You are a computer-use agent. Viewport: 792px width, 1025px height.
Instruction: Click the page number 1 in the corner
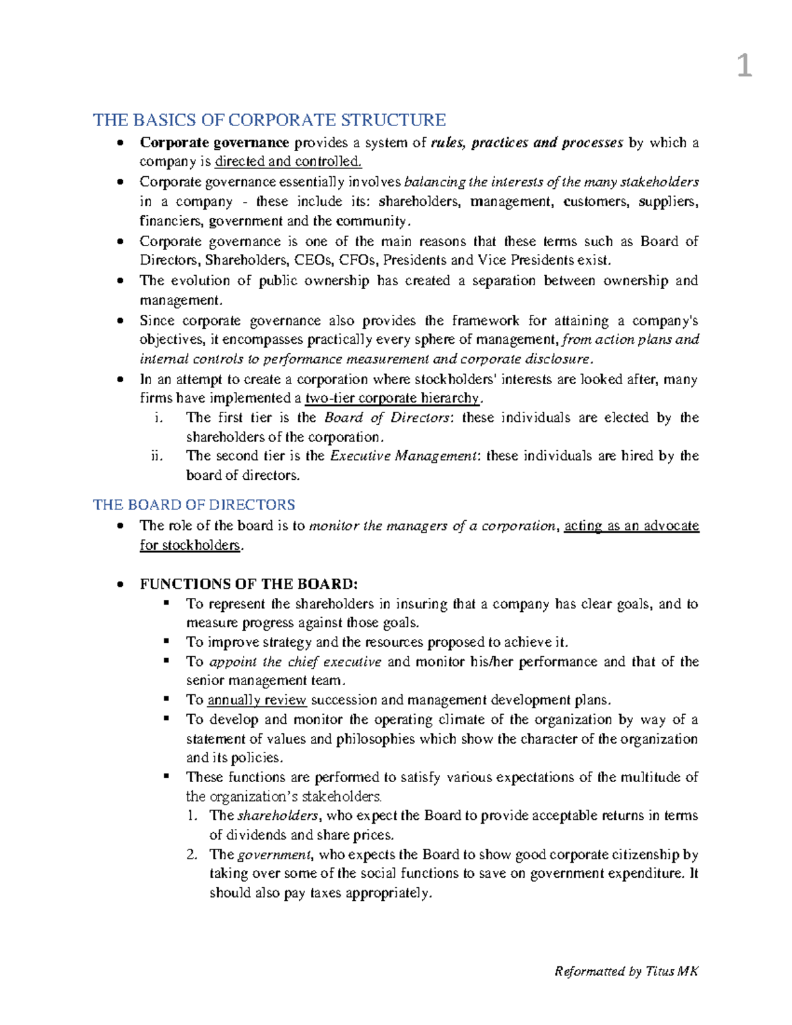click(744, 67)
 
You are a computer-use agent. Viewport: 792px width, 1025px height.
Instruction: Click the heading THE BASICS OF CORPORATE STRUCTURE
click(269, 120)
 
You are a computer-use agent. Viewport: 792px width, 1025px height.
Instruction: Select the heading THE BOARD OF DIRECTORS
click(194, 505)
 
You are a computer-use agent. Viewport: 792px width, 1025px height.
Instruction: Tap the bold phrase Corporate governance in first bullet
click(214, 143)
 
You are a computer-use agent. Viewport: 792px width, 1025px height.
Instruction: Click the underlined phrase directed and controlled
click(288, 162)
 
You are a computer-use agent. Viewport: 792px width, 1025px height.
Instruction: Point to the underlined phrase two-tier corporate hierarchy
click(392, 398)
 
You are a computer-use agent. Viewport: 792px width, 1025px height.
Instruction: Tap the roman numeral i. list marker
click(156, 418)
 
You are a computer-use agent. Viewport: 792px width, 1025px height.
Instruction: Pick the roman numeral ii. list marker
click(156, 456)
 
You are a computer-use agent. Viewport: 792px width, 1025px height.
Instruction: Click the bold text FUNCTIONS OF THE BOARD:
click(249, 584)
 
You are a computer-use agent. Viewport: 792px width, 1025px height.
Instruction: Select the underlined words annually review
click(257, 700)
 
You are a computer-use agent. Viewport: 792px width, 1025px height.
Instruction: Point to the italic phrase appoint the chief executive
click(295, 662)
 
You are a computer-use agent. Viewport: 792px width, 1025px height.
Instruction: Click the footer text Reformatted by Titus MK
click(626, 971)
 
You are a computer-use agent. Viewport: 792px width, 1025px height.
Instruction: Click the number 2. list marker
click(192, 855)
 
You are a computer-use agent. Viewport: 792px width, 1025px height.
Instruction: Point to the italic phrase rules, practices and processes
click(527, 143)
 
